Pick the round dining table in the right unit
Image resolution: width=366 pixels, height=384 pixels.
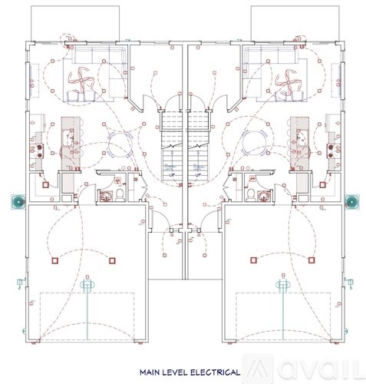(x=249, y=141)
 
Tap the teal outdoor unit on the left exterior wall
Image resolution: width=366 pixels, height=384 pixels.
(x=18, y=202)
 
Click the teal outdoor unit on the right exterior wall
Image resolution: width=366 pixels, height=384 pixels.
(x=352, y=202)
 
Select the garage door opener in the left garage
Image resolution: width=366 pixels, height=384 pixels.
(x=87, y=286)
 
